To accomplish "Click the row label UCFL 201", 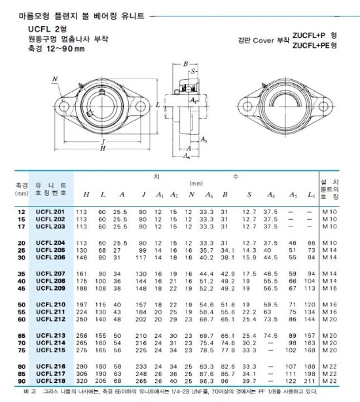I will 50,212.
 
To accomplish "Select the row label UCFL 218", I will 50,380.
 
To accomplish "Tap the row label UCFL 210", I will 50,305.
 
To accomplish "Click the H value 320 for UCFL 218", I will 82,380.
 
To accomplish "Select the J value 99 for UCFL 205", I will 140,249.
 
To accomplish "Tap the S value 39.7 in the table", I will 249,380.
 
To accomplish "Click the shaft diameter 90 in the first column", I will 21,380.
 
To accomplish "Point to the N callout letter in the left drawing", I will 55,79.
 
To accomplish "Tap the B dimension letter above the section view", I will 185,64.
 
